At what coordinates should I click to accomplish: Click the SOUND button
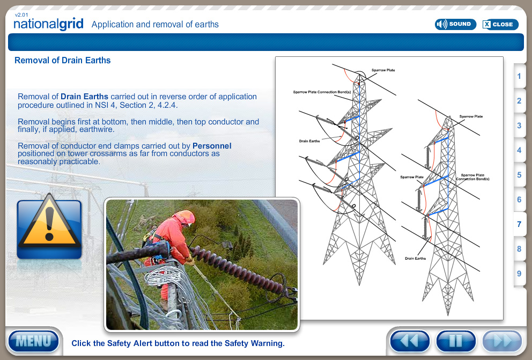pyautogui.click(x=455, y=24)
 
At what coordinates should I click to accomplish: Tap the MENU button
pyautogui.click(x=33, y=341)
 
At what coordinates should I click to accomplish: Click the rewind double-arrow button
pyautogui.click(x=410, y=341)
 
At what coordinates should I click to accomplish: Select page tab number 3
pyautogui.click(x=519, y=126)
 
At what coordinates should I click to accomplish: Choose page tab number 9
pyautogui.click(x=519, y=274)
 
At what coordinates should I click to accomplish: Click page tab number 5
pyautogui.click(x=519, y=175)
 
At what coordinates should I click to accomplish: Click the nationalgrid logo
pyautogui.click(x=48, y=25)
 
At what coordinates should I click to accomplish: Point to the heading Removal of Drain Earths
pyautogui.click(x=62, y=60)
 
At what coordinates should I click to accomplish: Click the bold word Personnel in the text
pyautogui.click(x=212, y=145)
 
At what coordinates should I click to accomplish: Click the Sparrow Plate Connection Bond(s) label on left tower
pyautogui.click(x=322, y=92)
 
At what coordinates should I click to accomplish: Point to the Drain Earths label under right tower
pyautogui.click(x=415, y=259)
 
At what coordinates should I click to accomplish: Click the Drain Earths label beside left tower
pyautogui.click(x=309, y=141)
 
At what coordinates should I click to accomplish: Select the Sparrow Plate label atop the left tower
pyautogui.click(x=383, y=70)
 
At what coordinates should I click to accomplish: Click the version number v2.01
pyautogui.click(x=21, y=15)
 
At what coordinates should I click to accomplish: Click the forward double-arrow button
pyautogui.click(x=502, y=341)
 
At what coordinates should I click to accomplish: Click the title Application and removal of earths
pyautogui.click(x=155, y=24)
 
